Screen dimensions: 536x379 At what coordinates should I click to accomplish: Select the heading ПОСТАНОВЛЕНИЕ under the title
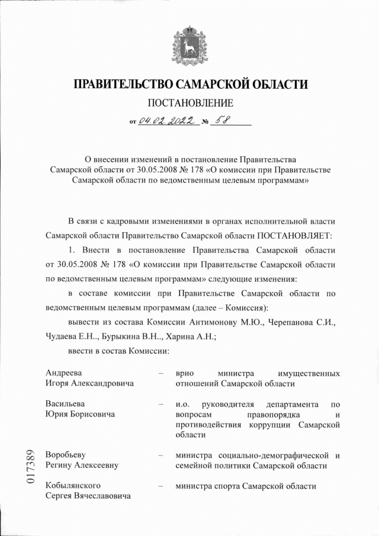189,103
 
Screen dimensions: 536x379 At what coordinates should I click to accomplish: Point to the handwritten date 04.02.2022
166,121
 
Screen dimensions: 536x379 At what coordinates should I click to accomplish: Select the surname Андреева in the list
64,373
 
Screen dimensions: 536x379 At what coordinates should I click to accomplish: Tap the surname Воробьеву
66,455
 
